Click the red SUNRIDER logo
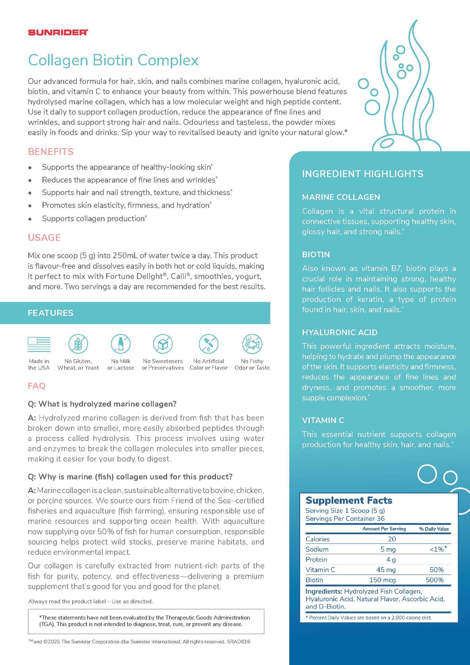(58, 32)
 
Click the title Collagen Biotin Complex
(113, 60)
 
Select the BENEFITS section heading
(51, 152)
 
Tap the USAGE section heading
(44, 237)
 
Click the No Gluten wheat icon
(78, 344)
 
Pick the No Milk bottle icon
(121, 344)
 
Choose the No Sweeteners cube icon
(163, 344)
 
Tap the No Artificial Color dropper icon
(208, 344)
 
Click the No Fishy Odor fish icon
(252, 344)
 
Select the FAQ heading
(37, 386)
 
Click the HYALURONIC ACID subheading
(340, 332)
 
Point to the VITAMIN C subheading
(323, 420)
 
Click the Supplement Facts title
(349, 500)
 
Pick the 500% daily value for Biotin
(435, 580)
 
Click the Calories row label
(317, 539)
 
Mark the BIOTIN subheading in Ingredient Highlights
(316, 254)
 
